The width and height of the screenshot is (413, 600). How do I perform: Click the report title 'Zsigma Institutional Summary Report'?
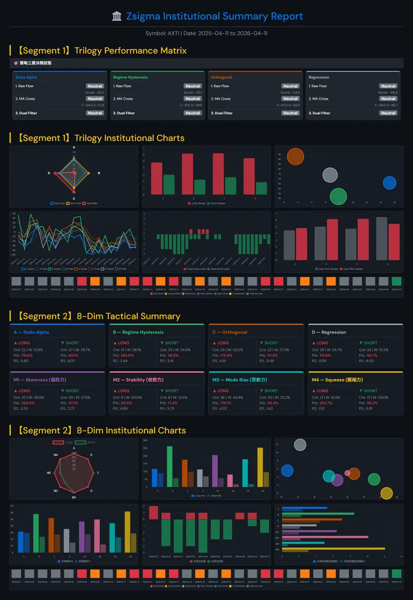click(214, 16)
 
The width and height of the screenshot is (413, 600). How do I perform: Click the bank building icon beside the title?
click(117, 16)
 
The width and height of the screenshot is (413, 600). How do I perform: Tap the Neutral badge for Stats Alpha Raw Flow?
click(95, 86)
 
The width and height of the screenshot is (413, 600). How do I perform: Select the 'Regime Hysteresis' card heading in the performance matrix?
click(130, 78)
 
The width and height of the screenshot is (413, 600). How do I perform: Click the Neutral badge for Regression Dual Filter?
click(388, 113)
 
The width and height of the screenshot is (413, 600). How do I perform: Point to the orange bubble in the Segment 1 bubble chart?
click(295, 156)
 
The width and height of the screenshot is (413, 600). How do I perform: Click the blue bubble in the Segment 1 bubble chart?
click(390, 182)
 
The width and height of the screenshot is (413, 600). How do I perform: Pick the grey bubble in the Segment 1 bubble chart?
click(330, 175)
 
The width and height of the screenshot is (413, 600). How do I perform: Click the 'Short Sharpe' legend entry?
click(210, 204)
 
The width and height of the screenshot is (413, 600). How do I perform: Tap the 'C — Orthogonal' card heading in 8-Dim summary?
click(229, 332)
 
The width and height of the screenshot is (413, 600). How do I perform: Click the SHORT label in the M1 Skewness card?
click(72, 391)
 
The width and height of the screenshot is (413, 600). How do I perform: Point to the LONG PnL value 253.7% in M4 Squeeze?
click(326, 403)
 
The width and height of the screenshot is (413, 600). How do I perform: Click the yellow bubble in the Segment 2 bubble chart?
click(386, 493)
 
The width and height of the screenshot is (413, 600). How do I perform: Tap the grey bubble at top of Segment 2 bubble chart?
click(300, 444)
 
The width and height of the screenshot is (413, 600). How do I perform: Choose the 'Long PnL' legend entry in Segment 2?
click(201, 496)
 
